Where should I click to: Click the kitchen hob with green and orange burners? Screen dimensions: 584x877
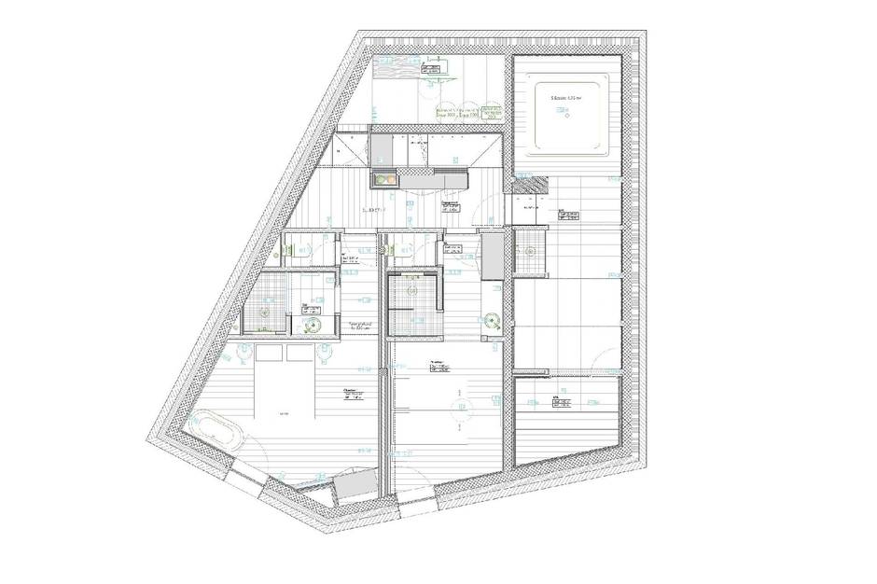(383, 178)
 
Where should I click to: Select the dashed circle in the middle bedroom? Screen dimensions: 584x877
(457, 407)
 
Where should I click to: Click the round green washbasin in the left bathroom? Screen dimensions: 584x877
(315, 323)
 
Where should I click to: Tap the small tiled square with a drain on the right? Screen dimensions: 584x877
(529, 251)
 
